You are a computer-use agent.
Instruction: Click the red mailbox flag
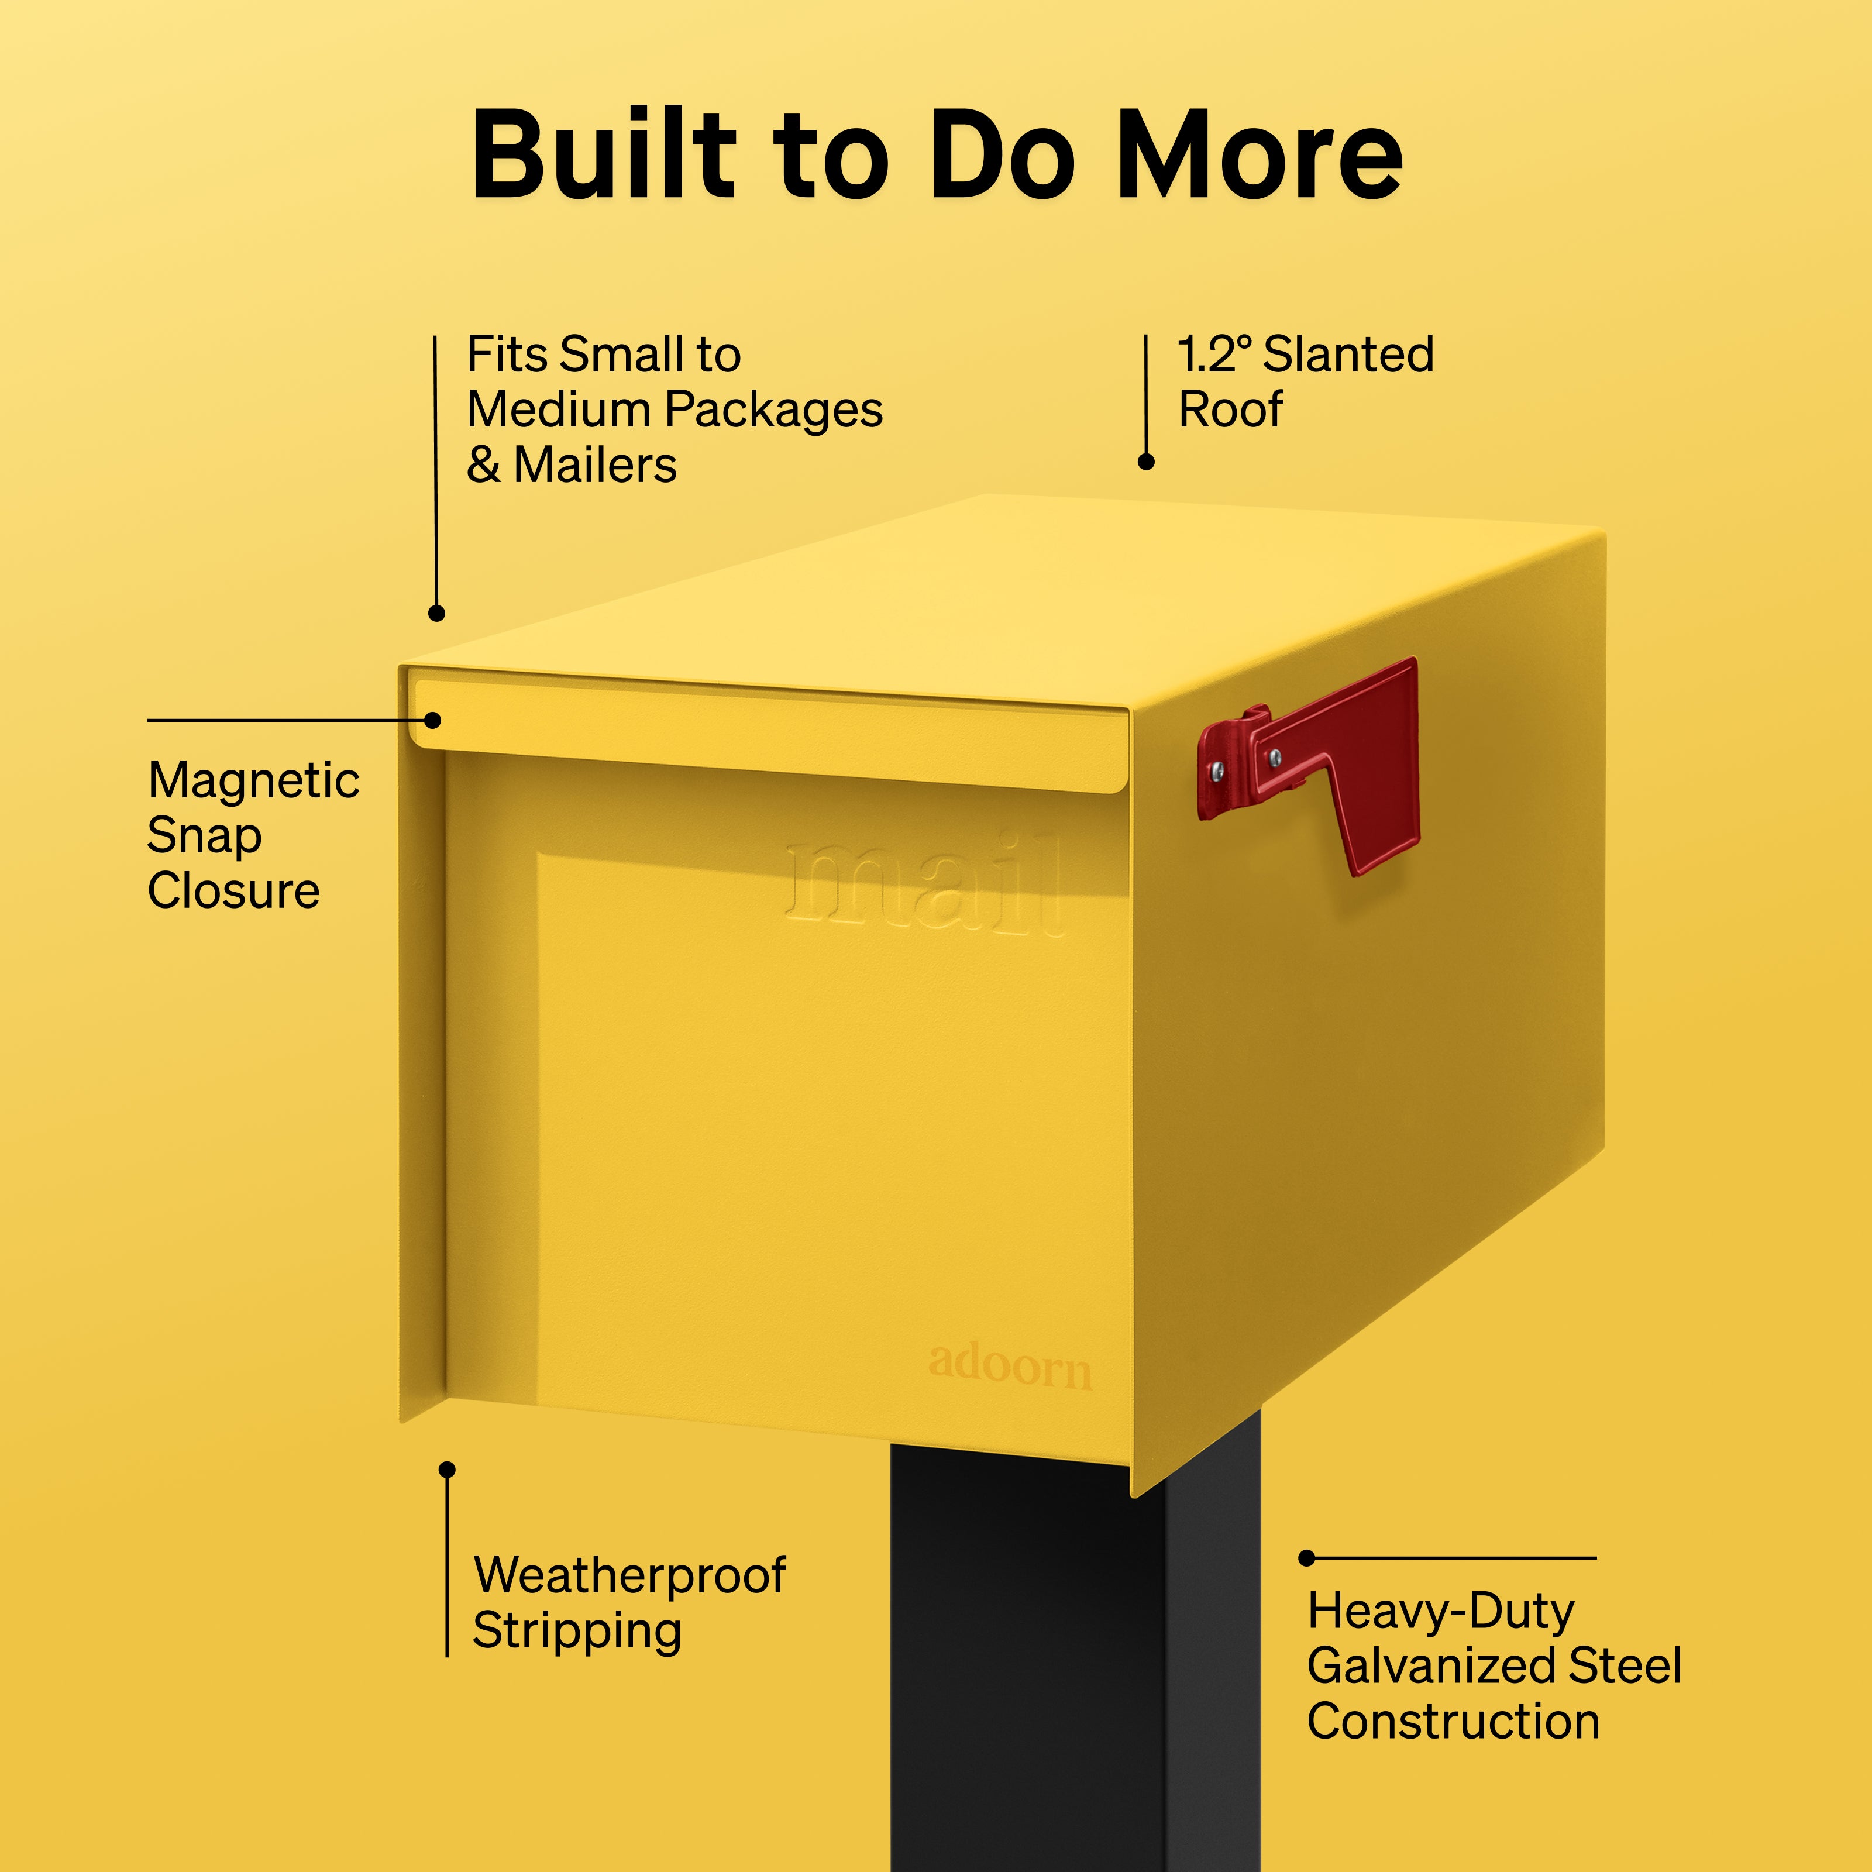(x=1308, y=765)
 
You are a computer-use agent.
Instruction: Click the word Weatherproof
(x=630, y=1575)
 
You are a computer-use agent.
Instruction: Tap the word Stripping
(x=577, y=1631)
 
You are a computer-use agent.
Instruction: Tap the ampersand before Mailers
(x=484, y=465)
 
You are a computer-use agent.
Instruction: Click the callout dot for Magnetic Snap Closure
(x=433, y=720)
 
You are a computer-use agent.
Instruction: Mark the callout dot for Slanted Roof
(x=1145, y=462)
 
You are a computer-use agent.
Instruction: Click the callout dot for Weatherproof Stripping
(x=447, y=1470)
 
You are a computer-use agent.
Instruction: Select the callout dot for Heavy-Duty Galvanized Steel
(x=1306, y=1558)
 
